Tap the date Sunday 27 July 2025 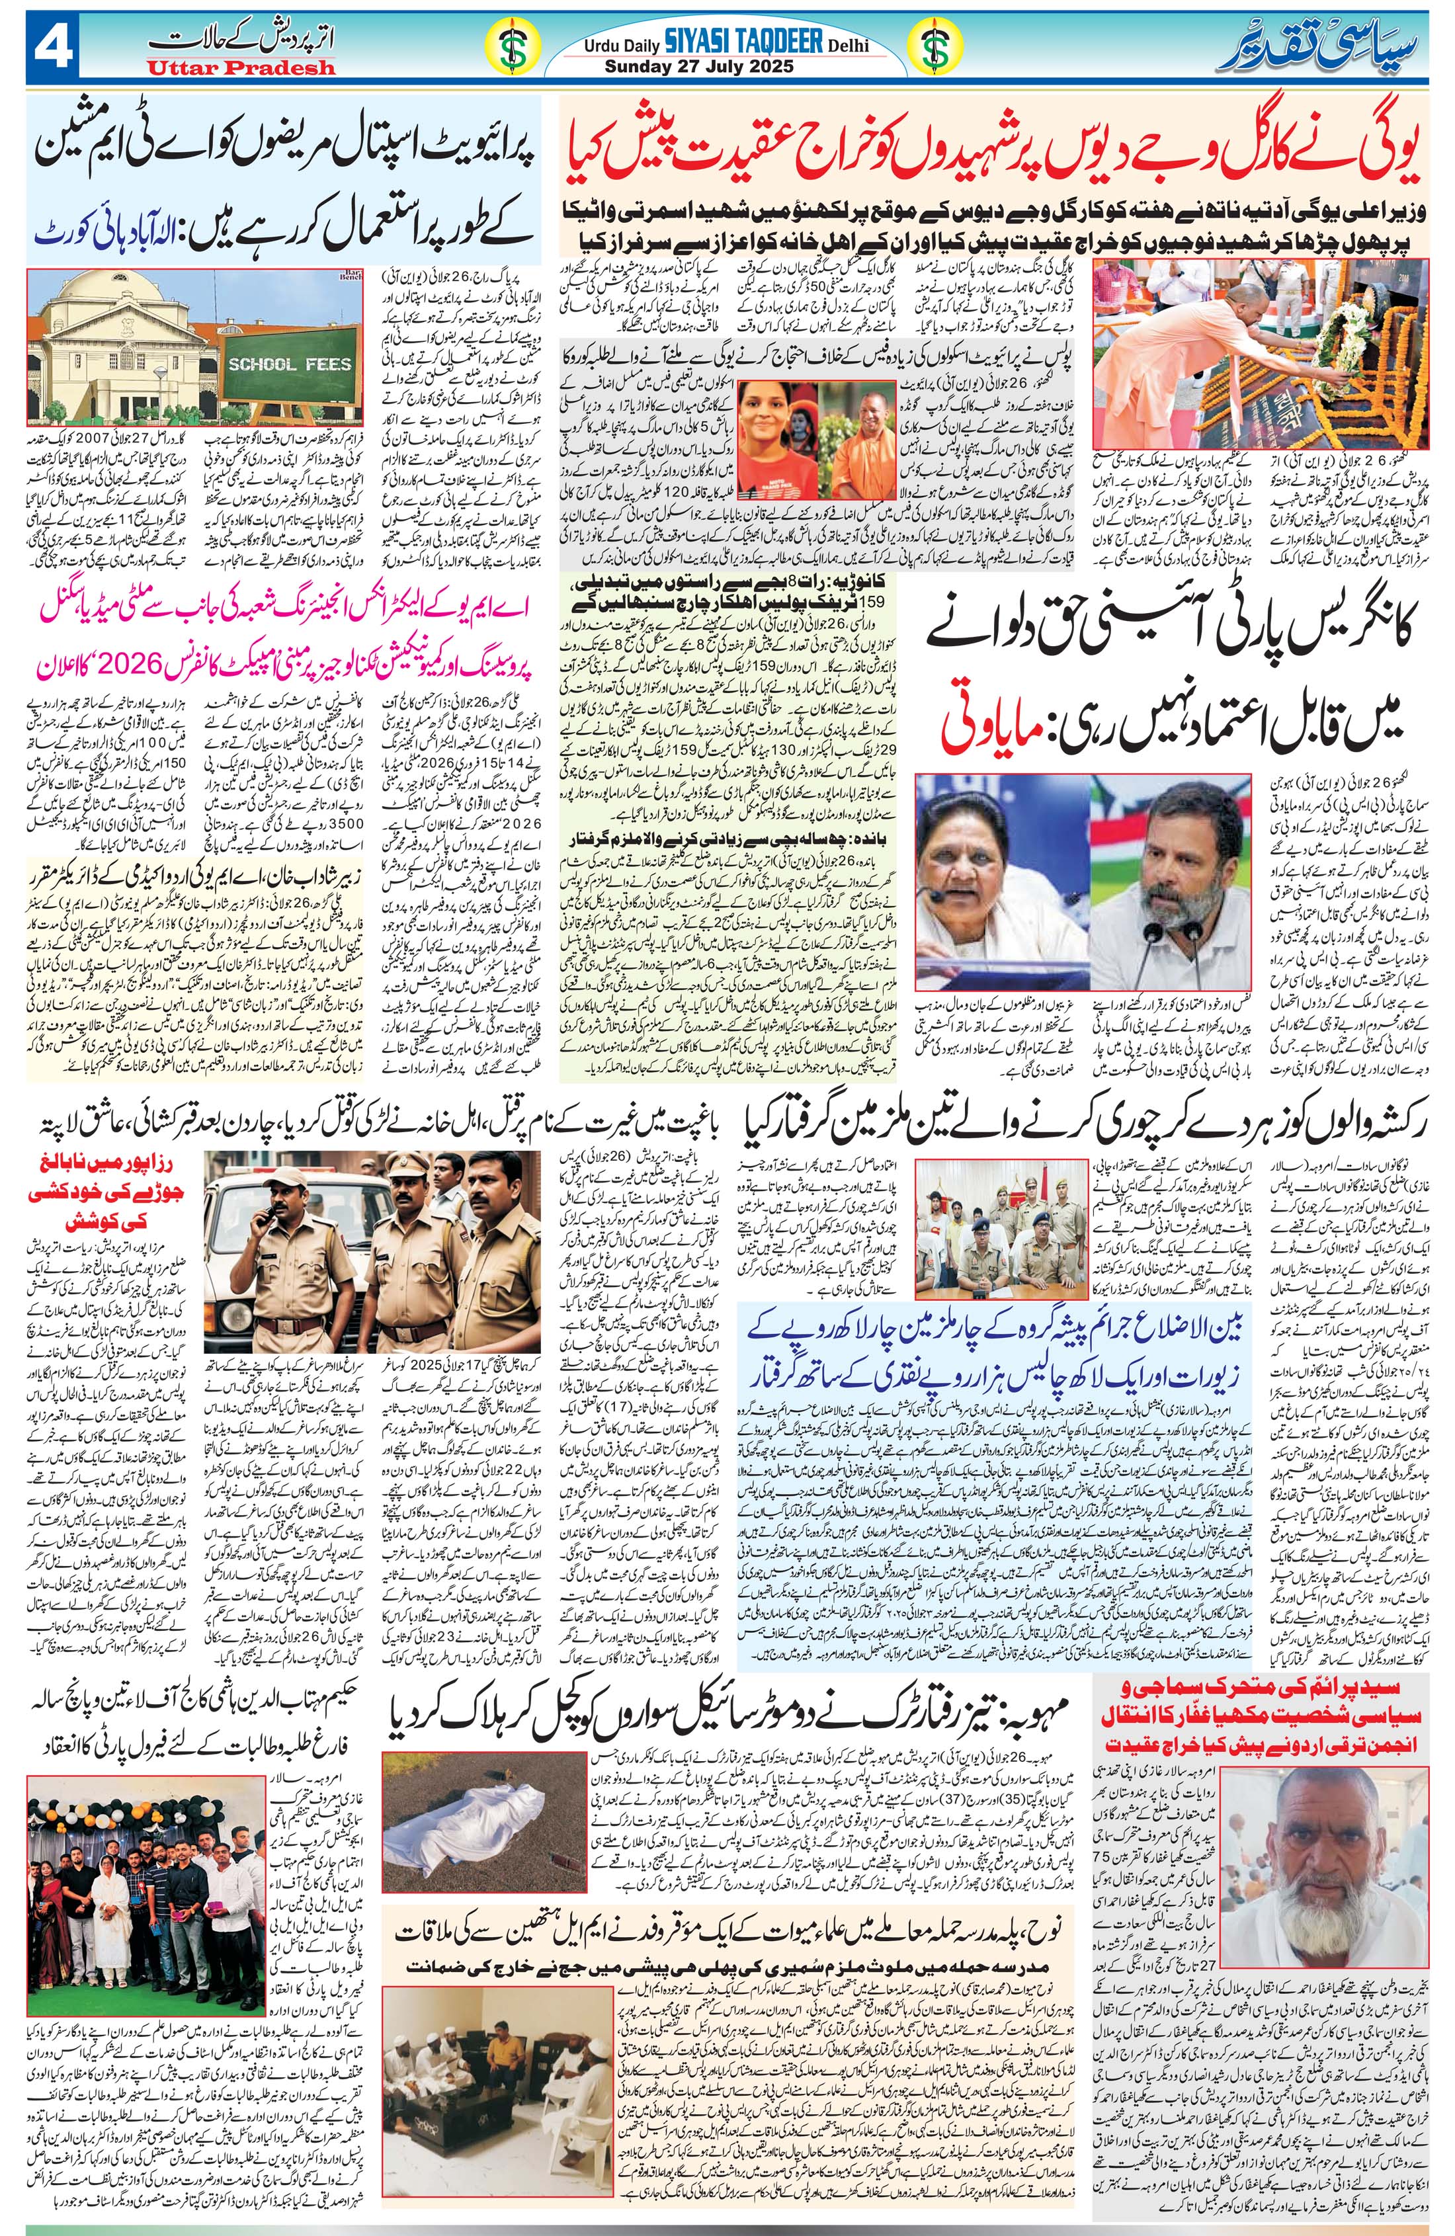[x=699, y=67]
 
